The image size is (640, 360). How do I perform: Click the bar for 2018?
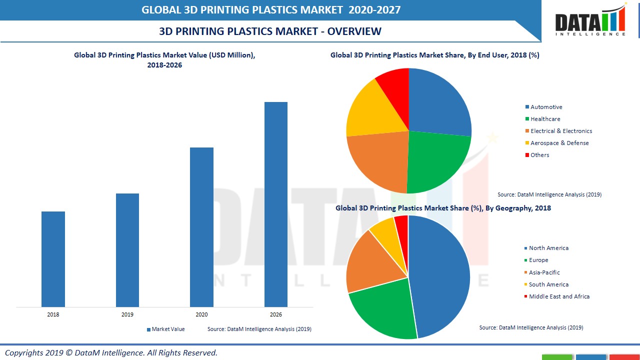tap(53, 259)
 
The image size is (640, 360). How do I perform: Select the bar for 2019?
tap(127, 250)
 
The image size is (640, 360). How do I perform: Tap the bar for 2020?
tap(201, 227)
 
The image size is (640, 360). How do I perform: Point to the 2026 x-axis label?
tap(276, 314)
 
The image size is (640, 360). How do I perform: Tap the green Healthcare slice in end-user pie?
tap(435, 160)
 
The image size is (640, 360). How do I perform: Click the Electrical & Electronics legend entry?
tap(561, 131)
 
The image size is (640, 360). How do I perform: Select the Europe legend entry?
tap(538, 260)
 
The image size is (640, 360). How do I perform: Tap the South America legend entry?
tap(548, 284)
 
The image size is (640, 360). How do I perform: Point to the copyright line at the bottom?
tap(111, 352)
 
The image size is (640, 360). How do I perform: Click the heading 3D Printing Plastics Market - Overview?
tap(270, 31)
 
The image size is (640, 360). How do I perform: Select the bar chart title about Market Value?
tap(164, 60)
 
